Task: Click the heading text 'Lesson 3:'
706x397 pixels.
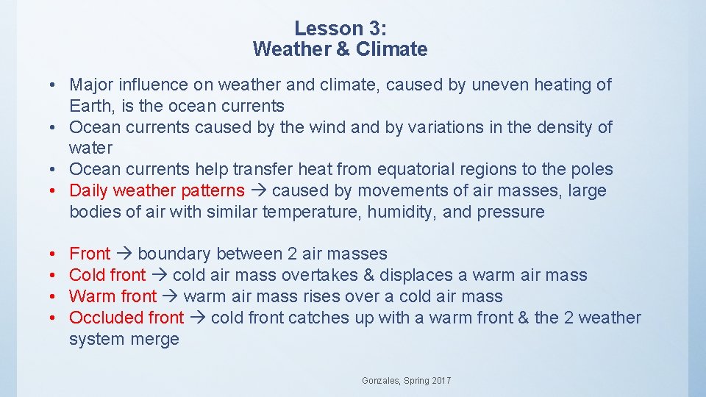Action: click(340, 29)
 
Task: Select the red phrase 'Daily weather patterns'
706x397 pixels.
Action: click(157, 191)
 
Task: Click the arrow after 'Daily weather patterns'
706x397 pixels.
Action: click(258, 191)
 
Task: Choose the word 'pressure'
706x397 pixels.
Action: click(511, 212)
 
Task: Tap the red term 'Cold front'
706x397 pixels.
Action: click(107, 276)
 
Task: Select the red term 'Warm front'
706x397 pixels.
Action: click(113, 297)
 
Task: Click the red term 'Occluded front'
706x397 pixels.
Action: click(126, 318)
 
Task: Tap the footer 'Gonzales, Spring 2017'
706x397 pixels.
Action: click(407, 381)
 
